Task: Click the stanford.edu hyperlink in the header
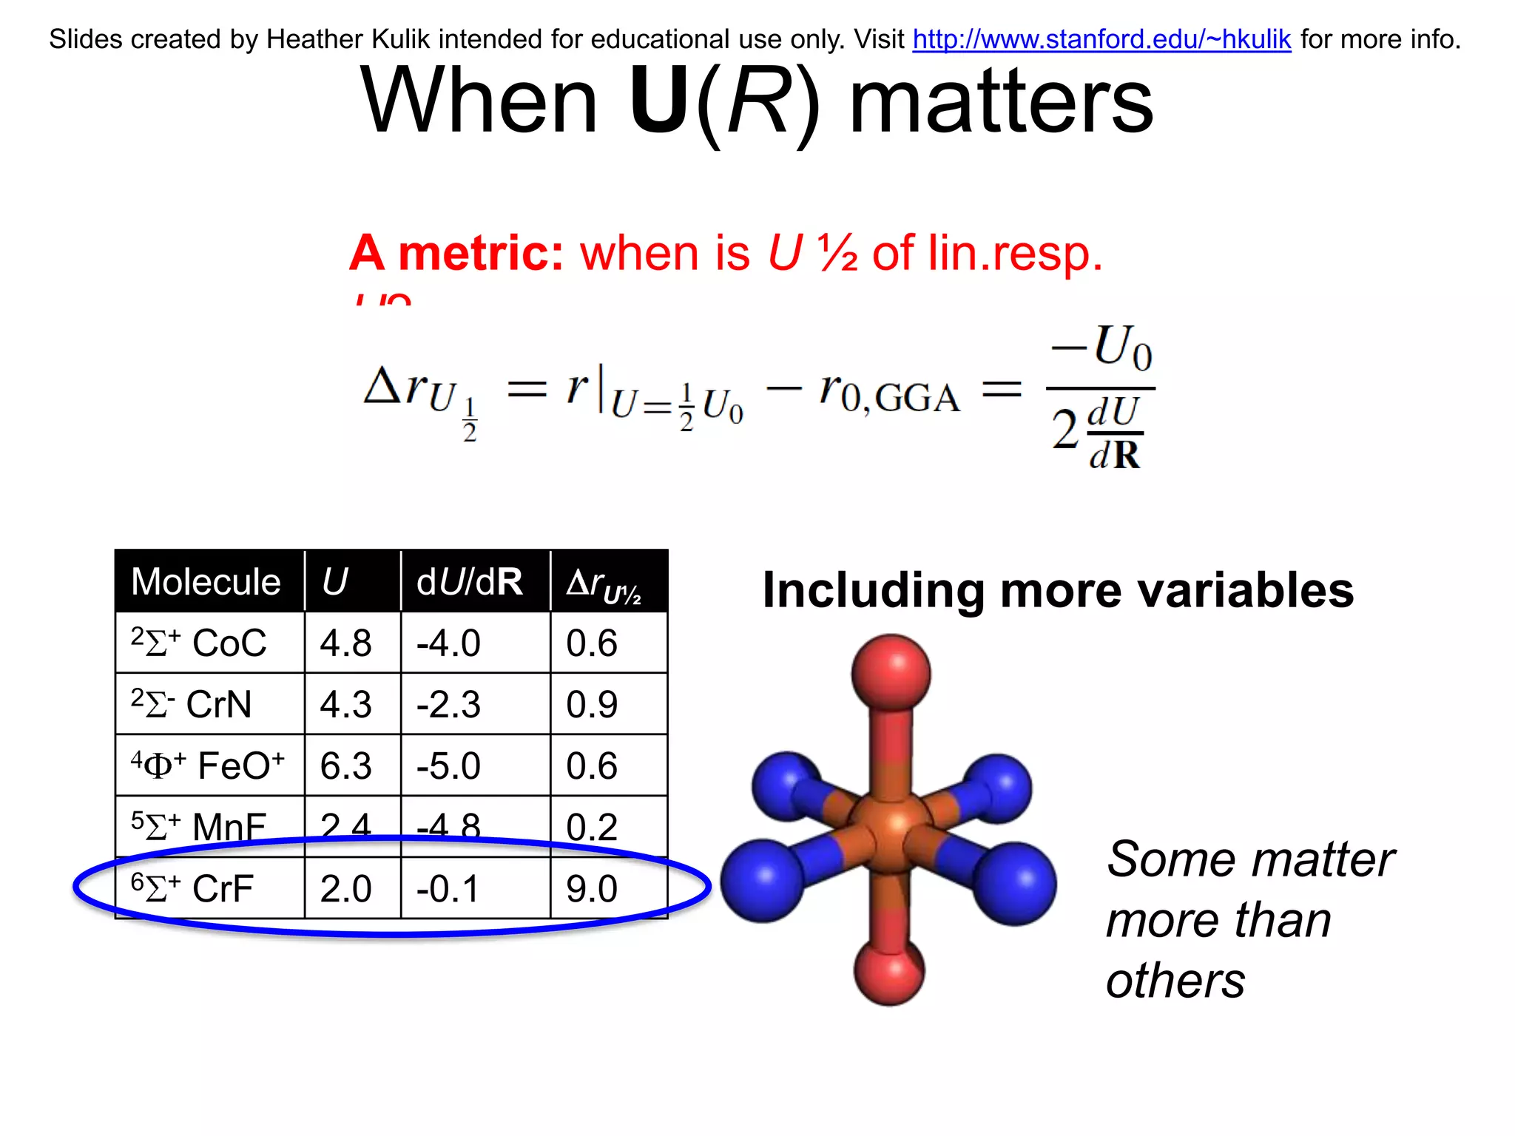pos(1101,39)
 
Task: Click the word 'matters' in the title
pos(1001,101)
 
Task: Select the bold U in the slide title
pos(659,101)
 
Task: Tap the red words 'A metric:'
pos(457,253)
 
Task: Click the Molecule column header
pos(206,582)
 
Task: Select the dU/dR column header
pos(469,582)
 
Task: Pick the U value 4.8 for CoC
pos(345,643)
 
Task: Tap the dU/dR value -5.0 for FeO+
pos(448,765)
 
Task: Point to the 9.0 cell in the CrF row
pos(592,888)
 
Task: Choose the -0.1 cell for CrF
pos(448,888)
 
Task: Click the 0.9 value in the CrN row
pos(592,704)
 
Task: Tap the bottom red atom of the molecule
pos(889,970)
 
